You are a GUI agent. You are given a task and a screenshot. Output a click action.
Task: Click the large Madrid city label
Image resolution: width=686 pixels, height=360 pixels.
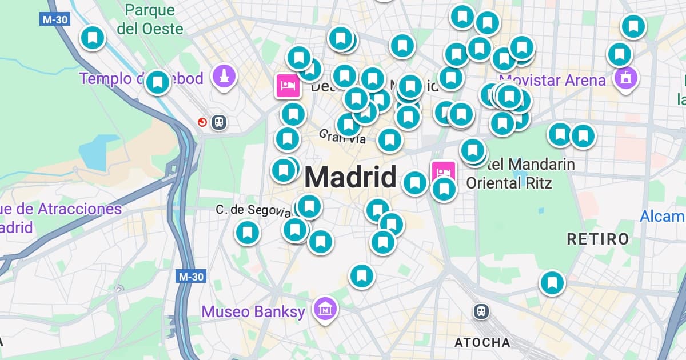point(350,177)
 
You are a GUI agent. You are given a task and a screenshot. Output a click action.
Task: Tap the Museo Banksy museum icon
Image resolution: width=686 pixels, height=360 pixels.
point(325,309)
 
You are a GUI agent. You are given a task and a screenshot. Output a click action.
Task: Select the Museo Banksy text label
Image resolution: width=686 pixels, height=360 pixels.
point(253,312)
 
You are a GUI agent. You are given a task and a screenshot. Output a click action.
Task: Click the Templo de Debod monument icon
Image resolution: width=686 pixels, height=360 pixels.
point(224,76)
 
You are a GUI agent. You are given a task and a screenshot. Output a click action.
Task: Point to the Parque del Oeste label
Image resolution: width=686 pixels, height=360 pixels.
point(150,19)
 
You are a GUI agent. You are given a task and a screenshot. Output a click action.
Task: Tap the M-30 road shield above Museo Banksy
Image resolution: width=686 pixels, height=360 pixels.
point(190,277)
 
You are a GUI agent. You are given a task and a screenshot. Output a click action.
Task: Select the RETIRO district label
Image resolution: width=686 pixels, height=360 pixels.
point(598,239)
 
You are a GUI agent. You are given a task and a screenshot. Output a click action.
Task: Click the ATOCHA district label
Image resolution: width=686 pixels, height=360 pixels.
point(482,342)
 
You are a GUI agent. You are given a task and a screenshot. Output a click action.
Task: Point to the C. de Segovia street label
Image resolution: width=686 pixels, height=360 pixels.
point(253,210)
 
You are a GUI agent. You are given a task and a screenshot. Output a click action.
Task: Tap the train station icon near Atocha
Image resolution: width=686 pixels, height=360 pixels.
point(482,311)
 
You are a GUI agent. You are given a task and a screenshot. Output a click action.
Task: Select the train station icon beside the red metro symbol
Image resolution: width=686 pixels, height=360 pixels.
point(218,122)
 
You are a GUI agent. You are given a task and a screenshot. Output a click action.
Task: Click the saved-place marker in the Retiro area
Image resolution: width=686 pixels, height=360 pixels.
point(552,282)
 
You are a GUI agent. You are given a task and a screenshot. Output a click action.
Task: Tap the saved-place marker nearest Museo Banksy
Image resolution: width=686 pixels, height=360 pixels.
point(361,276)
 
